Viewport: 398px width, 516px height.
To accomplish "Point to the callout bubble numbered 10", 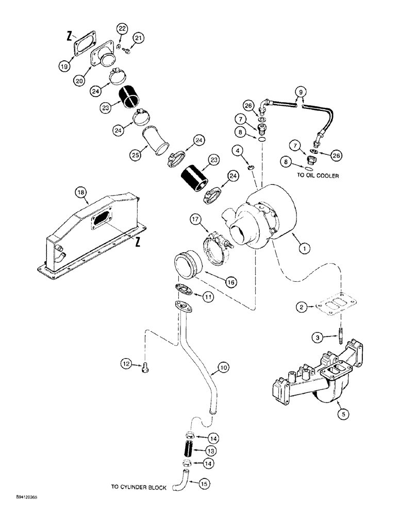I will (x=223, y=368).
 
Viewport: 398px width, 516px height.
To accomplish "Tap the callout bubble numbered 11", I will (x=207, y=297).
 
